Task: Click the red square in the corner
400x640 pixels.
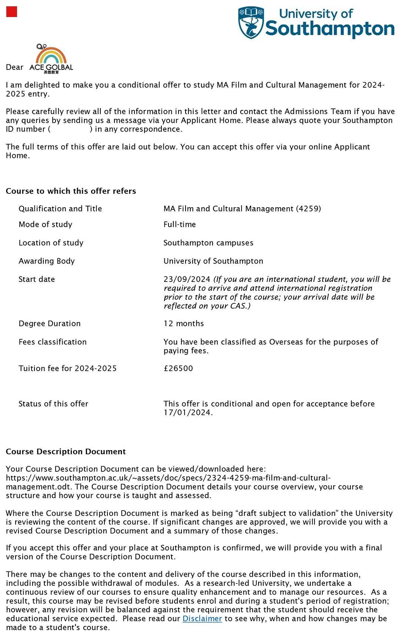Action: [12, 12]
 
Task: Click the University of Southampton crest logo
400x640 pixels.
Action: [251, 22]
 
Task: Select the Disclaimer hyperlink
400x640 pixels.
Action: [202, 619]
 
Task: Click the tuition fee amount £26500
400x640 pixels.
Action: [178, 368]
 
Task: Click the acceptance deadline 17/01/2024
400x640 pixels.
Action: [187, 413]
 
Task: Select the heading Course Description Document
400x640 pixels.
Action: [66, 452]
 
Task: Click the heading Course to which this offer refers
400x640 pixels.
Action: [71, 191]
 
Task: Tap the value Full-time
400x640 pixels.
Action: [180, 225]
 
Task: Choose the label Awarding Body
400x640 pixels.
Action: [47, 261]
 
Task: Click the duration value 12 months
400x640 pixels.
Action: [184, 324]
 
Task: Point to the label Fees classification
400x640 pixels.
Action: [53, 342]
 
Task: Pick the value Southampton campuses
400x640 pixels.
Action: [209, 243]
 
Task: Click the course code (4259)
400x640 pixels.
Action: [309, 209]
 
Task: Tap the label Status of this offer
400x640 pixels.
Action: [53, 404]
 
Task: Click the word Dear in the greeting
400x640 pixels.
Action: [14, 67]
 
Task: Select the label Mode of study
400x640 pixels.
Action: [46, 225]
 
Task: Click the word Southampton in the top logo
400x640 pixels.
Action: [330, 29]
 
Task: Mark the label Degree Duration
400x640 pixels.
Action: [50, 324]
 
